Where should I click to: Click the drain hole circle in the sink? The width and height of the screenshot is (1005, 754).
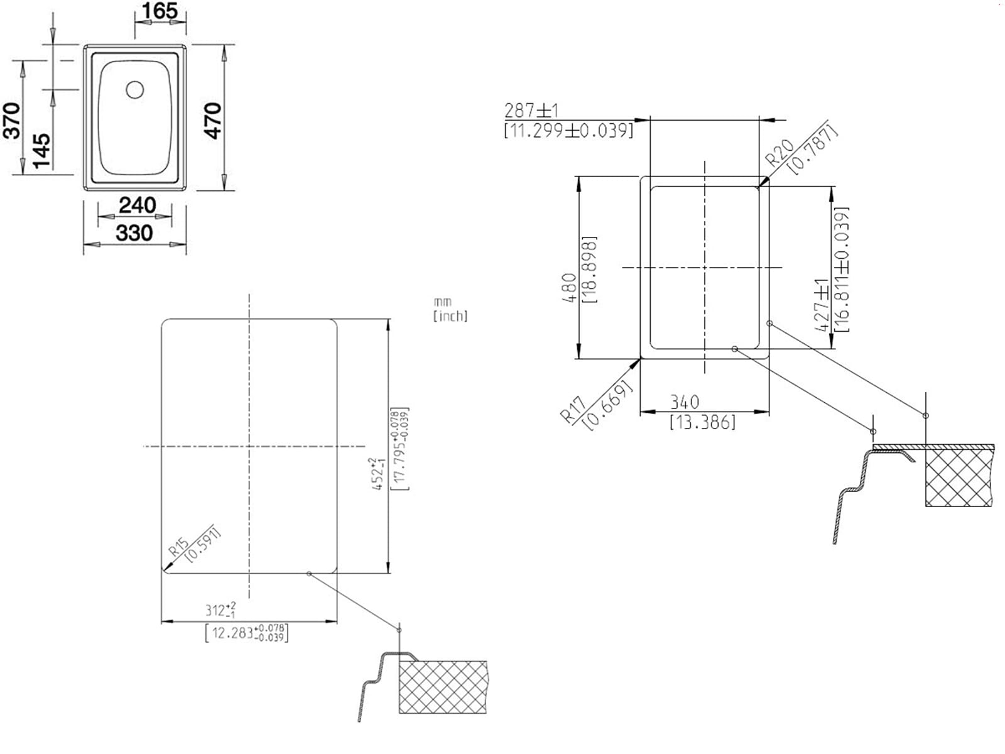(134, 90)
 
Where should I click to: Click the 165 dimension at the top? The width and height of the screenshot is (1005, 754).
(160, 11)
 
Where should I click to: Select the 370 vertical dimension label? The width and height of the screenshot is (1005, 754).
(13, 120)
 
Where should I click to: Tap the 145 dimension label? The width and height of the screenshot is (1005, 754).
(41, 150)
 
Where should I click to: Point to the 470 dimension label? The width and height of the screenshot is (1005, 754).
(214, 120)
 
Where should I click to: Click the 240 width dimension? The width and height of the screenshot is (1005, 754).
(137, 205)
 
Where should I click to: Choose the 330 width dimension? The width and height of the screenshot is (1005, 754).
(134, 233)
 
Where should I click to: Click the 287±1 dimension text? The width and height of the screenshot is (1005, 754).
(531, 111)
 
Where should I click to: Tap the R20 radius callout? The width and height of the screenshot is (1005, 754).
(780, 153)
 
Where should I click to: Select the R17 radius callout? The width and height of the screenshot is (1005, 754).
(573, 409)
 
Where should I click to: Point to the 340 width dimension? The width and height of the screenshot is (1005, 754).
(684, 402)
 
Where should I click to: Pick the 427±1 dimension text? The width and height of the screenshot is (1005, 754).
(821, 305)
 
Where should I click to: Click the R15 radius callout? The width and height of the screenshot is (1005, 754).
(178, 547)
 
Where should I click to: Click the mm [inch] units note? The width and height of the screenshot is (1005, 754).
(450, 310)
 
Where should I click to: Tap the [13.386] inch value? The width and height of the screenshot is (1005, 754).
(702, 422)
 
